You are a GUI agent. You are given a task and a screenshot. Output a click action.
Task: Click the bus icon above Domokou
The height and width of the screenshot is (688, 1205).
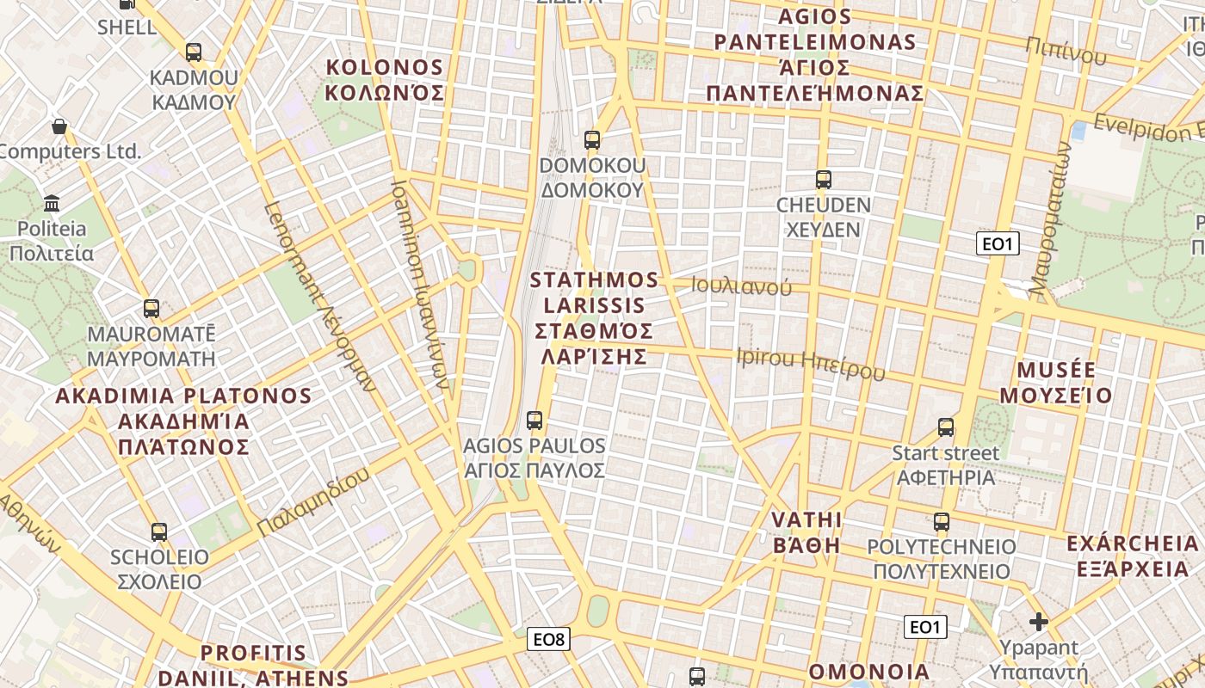click(591, 139)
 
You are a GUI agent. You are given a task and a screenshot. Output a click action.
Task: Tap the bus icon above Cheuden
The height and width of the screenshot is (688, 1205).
click(824, 180)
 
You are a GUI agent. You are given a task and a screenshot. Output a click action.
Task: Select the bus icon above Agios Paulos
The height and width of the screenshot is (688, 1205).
click(535, 421)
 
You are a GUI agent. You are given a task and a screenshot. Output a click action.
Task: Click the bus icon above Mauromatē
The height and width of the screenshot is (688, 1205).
click(151, 308)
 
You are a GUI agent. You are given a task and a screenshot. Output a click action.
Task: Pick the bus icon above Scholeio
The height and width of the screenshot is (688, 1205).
click(159, 531)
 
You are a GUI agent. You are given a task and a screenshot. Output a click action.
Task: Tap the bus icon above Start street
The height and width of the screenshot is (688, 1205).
click(946, 427)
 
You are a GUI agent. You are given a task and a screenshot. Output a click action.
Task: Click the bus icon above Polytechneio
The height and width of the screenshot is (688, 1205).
click(942, 521)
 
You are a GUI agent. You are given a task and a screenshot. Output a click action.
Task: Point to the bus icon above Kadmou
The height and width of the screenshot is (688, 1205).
click(194, 52)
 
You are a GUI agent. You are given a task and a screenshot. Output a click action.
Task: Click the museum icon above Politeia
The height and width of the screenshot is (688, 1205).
click(52, 204)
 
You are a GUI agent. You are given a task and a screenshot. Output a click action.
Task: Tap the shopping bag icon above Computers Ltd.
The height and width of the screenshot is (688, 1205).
click(59, 126)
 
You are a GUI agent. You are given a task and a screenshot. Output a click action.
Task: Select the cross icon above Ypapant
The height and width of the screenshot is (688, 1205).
click(1039, 621)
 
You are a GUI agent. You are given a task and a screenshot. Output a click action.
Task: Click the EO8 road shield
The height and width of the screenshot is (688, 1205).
click(548, 639)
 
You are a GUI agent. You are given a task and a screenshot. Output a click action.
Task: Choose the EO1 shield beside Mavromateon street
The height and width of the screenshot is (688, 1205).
click(998, 243)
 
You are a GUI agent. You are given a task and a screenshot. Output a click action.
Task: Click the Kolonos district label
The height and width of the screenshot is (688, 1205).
click(385, 80)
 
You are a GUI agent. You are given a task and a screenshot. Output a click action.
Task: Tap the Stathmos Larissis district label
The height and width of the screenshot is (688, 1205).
click(594, 317)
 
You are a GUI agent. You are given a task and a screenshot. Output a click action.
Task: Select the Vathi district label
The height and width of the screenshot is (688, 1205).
click(806, 531)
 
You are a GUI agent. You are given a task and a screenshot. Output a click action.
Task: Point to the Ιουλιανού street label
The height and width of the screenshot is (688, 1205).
click(742, 286)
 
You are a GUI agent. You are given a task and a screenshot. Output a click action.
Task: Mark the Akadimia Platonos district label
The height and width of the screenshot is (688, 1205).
click(183, 421)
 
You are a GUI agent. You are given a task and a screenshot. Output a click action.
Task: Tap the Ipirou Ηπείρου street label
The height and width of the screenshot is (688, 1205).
click(811, 364)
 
